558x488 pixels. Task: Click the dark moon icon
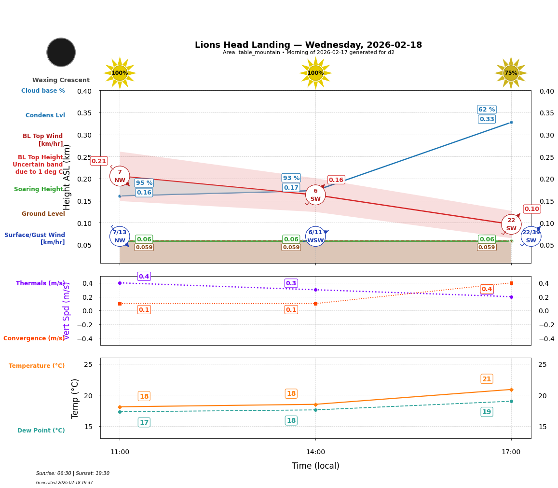[x=61, y=52]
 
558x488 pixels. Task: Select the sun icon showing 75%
[x=511, y=73]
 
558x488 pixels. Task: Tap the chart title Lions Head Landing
[x=308, y=45]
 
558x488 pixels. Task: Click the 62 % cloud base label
[x=487, y=110]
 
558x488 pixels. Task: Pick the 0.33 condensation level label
[x=487, y=119]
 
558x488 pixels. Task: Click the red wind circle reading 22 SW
[x=511, y=224]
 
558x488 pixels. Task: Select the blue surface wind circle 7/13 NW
[x=120, y=236]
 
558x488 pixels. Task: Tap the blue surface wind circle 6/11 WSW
[x=315, y=236]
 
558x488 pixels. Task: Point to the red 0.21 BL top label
[x=99, y=161]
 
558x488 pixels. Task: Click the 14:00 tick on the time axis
[x=315, y=452]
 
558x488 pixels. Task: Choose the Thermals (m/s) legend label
[x=41, y=283]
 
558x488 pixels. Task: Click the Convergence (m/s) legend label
[x=34, y=338]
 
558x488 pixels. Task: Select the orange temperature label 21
[x=487, y=379]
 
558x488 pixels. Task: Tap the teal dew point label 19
[x=487, y=412]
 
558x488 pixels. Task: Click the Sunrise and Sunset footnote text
[x=73, y=474]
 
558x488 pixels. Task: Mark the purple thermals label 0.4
[x=144, y=277]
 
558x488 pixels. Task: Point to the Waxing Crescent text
[x=61, y=80]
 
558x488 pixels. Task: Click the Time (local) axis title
[x=315, y=466]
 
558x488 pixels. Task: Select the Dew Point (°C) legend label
[x=41, y=431]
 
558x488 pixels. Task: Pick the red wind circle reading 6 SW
[x=315, y=195]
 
